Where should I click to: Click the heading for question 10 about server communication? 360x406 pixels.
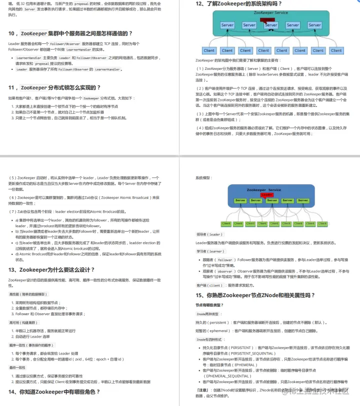click(70, 33)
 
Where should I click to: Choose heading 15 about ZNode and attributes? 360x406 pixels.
click(255, 295)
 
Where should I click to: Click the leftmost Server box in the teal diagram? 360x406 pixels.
click(227, 25)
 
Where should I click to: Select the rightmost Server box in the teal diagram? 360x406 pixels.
click(314, 25)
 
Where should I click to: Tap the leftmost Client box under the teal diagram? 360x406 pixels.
click(209, 50)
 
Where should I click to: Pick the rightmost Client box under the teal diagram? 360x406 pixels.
click(336, 50)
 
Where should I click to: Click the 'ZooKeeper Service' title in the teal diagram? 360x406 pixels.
click(270, 12)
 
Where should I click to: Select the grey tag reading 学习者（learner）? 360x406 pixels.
click(209, 252)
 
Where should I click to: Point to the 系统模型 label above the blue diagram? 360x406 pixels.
click(203, 178)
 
